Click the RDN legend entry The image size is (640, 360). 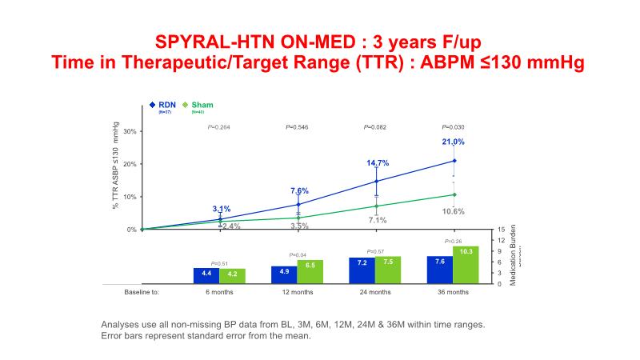pyautogui.click(x=166, y=105)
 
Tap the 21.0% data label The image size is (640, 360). pyautogui.click(x=453, y=142)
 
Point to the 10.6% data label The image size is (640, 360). pyautogui.click(x=454, y=211)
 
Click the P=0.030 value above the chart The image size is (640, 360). pyautogui.click(x=454, y=126)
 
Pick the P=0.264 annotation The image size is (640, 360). pyautogui.click(x=219, y=126)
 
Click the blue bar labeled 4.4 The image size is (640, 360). pyautogui.click(x=206, y=274)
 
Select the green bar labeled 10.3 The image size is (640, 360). pyautogui.click(x=466, y=264)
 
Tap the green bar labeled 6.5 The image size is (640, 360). pyautogui.click(x=310, y=271)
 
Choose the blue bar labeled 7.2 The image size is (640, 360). pyautogui.click(x=362, y=270)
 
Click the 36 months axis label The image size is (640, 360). pyautogui.click(x=454, y=292)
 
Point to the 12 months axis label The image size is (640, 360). pyautogui.click(x=298, y=292)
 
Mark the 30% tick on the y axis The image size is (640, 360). pyautogui.click(x=129, y=132)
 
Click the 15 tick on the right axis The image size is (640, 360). pyautogui.click(x=501, y=230)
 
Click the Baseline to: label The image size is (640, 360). pyautogui.click(x=142, y=292)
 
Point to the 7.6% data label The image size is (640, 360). pyautogui.click(x=299, y=190)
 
